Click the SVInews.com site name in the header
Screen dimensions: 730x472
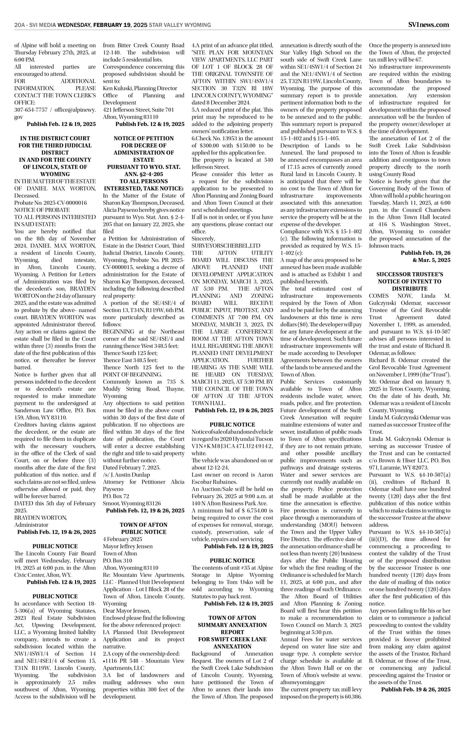429,25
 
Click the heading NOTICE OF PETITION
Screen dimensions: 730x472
143,138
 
